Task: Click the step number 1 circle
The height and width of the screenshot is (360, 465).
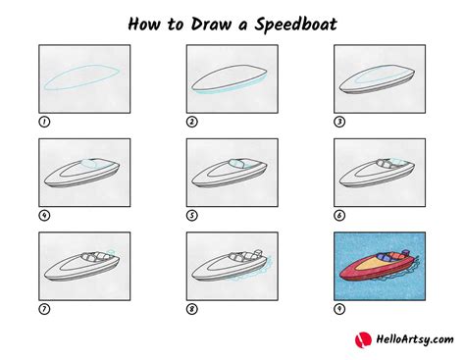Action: [x=43, y=123]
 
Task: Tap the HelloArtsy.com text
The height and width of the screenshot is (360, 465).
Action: [x=409, y=339]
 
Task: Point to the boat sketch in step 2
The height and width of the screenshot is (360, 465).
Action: [x=232, y=81]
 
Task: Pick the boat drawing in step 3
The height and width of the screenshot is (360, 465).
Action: [x=379, y=81]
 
